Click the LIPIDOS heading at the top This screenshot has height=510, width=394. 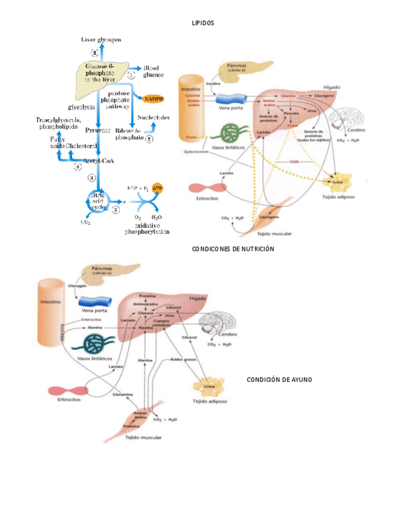203,22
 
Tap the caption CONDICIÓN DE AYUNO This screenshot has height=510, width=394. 279,379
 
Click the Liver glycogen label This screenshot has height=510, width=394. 101,39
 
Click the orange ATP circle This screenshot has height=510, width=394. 158,188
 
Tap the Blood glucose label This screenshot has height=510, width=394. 153,72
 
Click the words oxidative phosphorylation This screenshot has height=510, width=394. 147,227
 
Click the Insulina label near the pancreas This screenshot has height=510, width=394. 214,84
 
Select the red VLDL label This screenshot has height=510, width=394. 295,161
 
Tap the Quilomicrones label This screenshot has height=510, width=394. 196,152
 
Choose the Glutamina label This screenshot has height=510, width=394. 122,395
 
